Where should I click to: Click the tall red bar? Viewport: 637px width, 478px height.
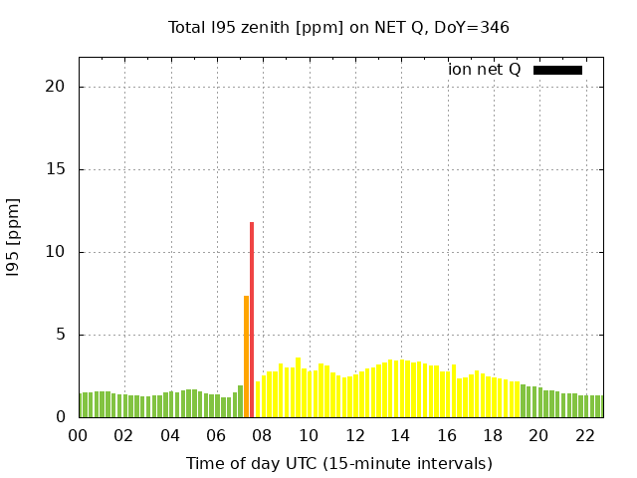(x=252, y=319)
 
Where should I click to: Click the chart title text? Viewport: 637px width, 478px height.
(x=338, y=27)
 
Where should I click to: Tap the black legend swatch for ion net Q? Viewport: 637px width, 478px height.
(x=557, y=70)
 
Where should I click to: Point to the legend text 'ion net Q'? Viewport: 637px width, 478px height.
(x=484, y=70)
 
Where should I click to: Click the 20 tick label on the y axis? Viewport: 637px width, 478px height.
(x=56, y=87)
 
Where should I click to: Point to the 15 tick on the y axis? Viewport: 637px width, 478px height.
(x=56, y=169)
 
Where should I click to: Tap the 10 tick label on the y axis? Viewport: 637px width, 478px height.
(x=56, y=252)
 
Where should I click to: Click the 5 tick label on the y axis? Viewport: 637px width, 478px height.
(x=61, y=335)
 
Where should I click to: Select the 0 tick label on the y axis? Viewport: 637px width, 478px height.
(x=61, y=417)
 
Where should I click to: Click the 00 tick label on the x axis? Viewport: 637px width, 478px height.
(x=78, y=436)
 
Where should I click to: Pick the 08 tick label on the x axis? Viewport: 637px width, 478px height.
(x=262, y=436)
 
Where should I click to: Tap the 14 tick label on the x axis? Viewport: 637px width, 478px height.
(x=400, y=436)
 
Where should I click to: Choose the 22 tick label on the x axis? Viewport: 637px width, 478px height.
(x=584, y=436)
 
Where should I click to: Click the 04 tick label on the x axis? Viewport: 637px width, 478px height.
(x=170, y=436)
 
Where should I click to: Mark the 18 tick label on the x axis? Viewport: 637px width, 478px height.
(x=492, y=436)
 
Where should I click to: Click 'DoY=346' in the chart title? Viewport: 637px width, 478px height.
(x=473, y=27)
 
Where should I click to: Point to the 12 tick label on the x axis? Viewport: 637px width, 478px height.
(x=354, y=436)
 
